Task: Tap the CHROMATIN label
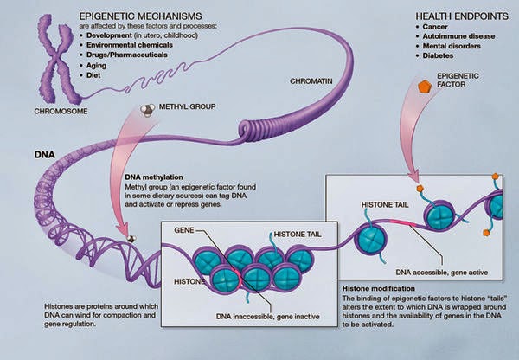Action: tap(311, 81)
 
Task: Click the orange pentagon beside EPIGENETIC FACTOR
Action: tap(425, 87)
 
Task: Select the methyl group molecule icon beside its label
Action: tap(147, 110)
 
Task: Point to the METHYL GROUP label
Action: tap(188, 106)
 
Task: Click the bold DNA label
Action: tap(45, 155)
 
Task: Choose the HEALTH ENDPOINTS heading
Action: tap(462, 16)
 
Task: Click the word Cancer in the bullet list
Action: tap(435, 27)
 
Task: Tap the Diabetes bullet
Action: tap(438, 55)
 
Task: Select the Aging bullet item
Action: tap(96, 65)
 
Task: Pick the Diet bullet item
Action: tap(93, 75)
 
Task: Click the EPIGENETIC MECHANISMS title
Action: tap(140, 16)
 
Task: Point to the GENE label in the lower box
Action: tap(184, 230)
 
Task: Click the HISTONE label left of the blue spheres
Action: tap(189, 281)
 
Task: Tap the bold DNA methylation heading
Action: tap(154, 177)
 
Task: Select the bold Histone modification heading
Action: tap(378, 288)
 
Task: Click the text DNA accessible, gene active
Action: tap(442, 273)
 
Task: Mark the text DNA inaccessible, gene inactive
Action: tap(268, 317)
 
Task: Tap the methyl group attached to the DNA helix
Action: tap(131, 239)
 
